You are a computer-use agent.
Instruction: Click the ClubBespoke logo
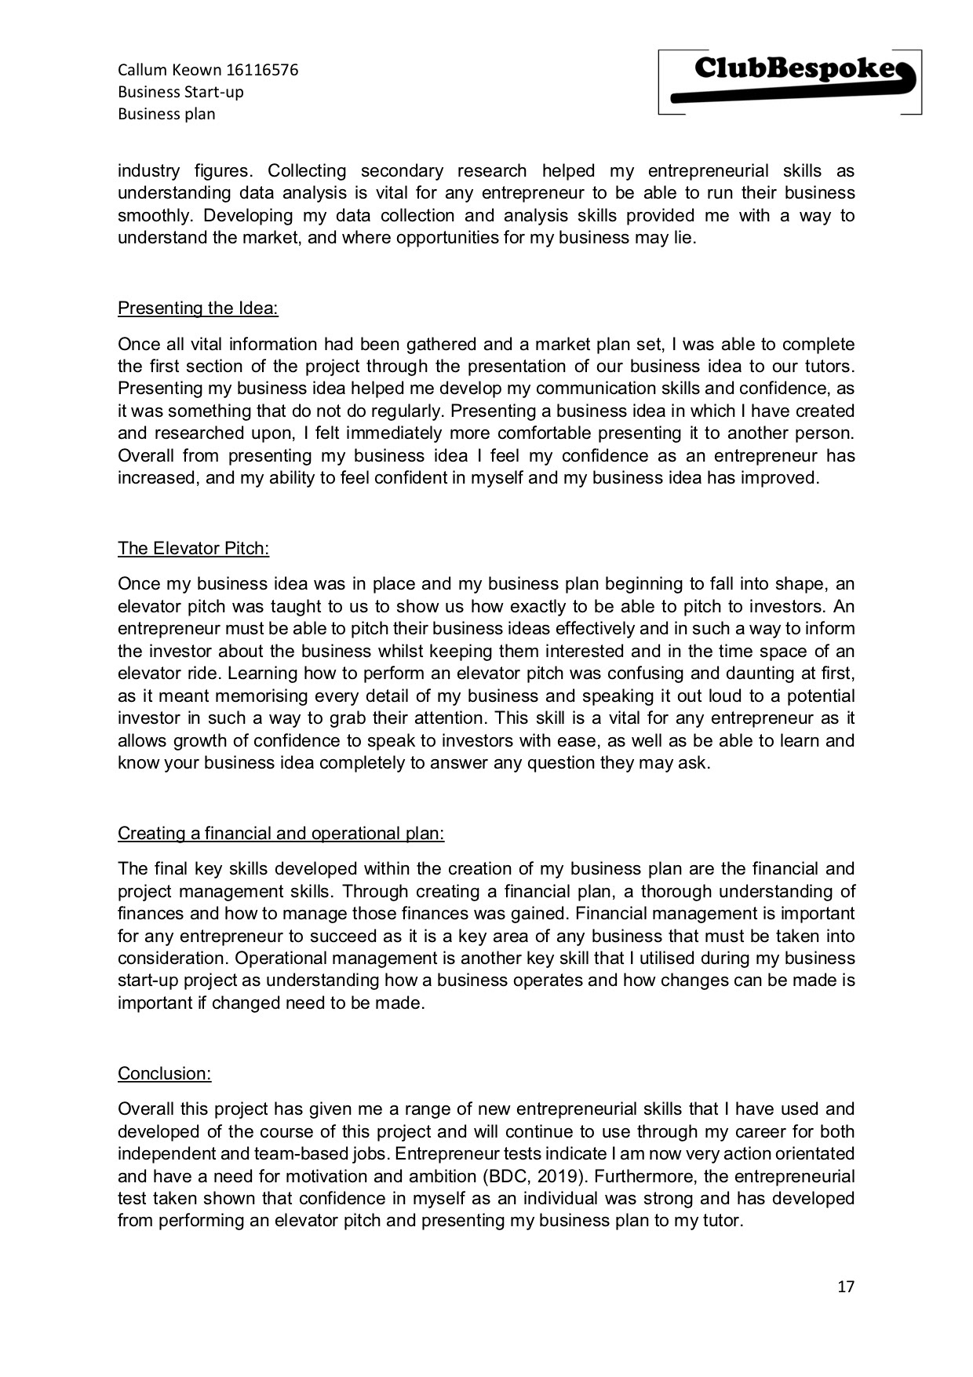pos(789,82)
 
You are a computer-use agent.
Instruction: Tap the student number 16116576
pos(262,70)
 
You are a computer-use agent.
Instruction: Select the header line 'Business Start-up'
pos(180,92)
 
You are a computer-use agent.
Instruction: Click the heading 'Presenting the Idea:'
pos(198,308)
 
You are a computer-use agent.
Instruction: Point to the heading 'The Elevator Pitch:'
pos(193,548)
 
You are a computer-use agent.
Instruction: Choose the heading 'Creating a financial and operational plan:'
pos(281,833)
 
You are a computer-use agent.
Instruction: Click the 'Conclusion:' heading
pos(164,1073)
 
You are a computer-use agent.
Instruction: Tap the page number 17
pos(846,1287)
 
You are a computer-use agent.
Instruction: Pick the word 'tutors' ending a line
pos(830,366)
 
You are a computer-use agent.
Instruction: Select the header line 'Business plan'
pos(166,114)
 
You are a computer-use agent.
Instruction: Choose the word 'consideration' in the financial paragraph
pos(172,958)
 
